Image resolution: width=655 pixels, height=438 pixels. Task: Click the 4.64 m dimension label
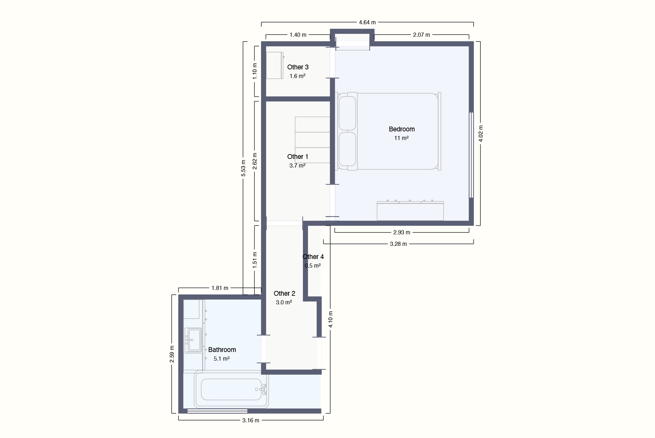pos(367,22)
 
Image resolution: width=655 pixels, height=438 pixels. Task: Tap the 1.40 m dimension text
pos(298,35)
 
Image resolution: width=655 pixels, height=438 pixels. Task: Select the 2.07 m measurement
pos(421,35)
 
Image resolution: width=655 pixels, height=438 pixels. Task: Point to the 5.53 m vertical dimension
pos(243,168)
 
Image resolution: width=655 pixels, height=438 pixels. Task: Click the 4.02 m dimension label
pos(480,134)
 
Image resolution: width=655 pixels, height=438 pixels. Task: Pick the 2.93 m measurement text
pos(402,232)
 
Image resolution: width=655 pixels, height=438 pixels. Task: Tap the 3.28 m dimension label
pos(398,244)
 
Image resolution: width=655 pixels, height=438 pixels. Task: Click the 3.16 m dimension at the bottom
pos(251,420)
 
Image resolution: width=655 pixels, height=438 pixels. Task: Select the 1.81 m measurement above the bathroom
pos(220,288)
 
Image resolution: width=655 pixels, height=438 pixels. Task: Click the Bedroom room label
pos(402,129)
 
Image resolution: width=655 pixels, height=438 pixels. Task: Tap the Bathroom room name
pos(222,350)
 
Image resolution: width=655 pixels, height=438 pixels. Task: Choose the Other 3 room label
pos(298,67)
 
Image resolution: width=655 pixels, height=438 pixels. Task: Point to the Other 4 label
pos(313,257)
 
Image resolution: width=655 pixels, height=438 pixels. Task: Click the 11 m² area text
pos(401,138)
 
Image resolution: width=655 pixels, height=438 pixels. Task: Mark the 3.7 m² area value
pos(297,166)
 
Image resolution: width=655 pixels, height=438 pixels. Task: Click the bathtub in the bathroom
pos(231,389)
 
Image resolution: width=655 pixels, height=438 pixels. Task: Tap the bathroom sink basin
pos(193,340)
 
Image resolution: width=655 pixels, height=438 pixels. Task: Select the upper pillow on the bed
pos(347,113)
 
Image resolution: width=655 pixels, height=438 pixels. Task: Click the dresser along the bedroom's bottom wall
pos(410,211)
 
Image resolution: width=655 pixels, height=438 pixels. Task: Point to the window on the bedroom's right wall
pos(471,155)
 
